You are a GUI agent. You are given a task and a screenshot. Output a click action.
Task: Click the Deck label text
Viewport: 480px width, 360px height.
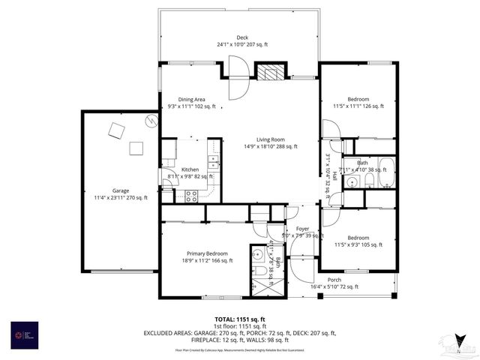click(242, 37)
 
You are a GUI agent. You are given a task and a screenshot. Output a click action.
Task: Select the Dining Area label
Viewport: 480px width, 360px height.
click(192, 99)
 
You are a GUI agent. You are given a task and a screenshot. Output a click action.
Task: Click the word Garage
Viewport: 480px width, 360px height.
click(120, 190)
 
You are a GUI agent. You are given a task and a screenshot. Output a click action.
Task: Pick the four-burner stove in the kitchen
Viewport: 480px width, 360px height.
click(191, 196)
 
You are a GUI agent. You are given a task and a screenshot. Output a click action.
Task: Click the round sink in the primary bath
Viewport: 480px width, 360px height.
click(256, 253)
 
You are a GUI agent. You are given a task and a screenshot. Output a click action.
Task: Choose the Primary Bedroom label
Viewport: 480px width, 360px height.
click(207, 253)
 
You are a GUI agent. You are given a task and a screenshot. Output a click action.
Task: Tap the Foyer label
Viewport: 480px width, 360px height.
click(301, 229)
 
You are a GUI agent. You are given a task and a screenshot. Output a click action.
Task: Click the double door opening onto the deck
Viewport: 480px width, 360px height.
click(237, 79)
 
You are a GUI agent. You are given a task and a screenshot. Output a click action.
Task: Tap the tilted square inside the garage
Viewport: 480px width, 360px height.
click(116, 131)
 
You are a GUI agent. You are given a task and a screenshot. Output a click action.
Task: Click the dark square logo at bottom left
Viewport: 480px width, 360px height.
click(19, 334)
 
